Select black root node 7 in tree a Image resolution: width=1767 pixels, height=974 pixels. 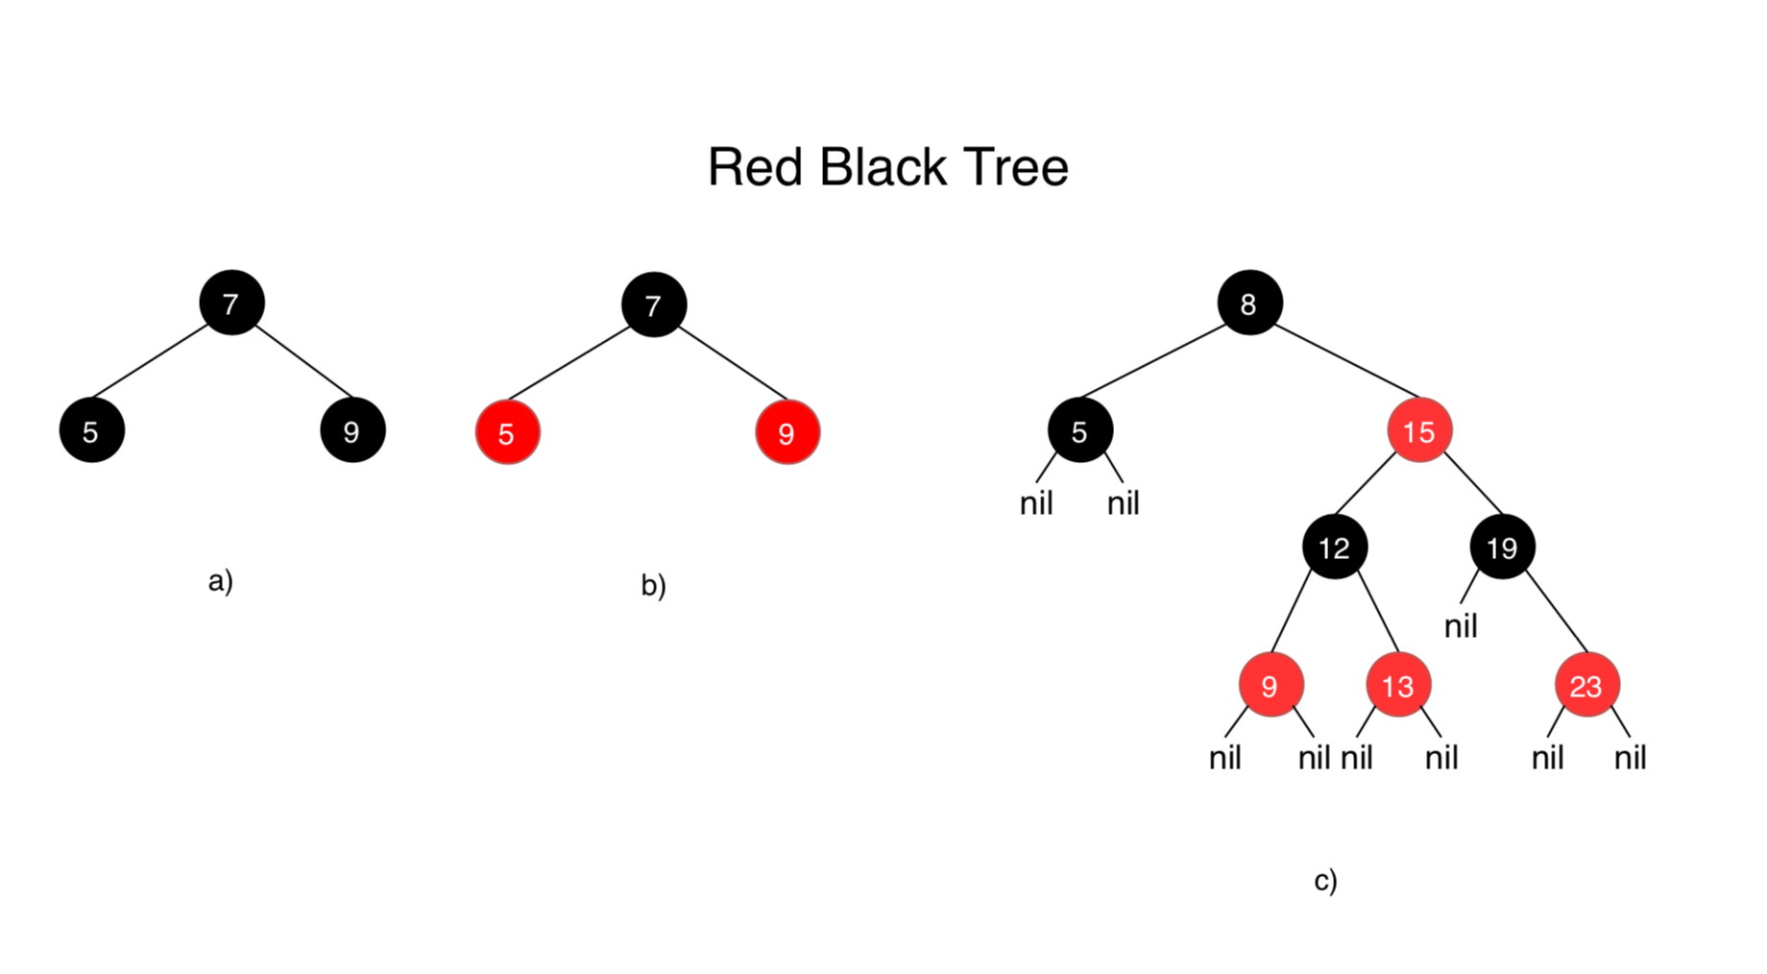pos(231,304)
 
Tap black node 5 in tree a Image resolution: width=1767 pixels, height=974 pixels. pos(91,431)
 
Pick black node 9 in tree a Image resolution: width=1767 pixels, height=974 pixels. pos(352,431)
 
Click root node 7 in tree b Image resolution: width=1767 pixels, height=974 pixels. pos(654,305)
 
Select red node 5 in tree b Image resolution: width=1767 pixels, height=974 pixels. pos(507,433)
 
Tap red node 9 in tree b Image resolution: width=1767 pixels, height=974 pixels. pos(787,433)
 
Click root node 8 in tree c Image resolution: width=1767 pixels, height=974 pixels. pos(1248,304)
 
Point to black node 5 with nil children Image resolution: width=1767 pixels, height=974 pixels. pos(1079,431)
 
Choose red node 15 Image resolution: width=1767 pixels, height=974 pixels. pos(1419,431)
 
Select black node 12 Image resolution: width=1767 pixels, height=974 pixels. pos(1334,548)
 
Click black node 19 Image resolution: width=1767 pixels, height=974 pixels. pos(1502,548)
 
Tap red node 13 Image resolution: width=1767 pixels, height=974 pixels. pos(1398,686)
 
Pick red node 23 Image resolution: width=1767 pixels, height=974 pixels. pos(1586,686)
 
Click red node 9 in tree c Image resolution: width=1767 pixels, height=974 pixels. pos(1271,686)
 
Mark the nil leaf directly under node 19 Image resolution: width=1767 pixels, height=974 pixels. pos(1461,626)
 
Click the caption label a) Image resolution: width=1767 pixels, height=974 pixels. pos(221,580)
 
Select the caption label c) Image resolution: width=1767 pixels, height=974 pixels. pos(1325,880)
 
